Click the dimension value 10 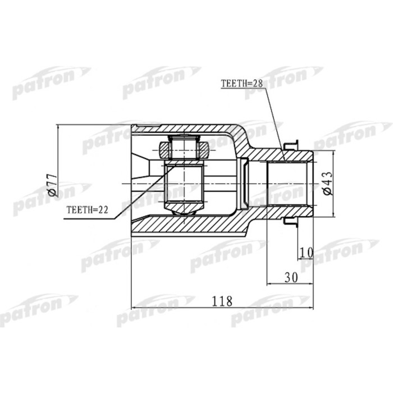306,253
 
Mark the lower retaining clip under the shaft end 292,223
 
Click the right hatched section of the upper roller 203,150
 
